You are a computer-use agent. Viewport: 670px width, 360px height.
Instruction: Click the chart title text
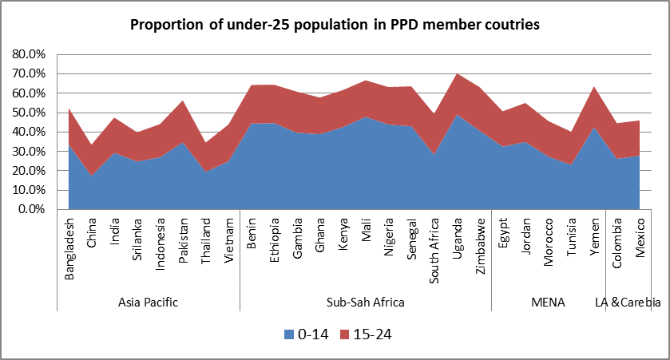[x=335, y=25]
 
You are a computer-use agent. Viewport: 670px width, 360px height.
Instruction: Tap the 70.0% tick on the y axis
[x=30, y=73]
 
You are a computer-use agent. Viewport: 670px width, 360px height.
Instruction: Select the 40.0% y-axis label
[x=30, y=132]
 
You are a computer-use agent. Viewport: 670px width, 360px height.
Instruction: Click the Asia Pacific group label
[x=148, y=303]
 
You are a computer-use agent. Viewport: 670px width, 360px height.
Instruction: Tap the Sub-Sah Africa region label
[x=366, y=303]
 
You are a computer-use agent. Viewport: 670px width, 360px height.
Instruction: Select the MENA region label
[x=548, y=303]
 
